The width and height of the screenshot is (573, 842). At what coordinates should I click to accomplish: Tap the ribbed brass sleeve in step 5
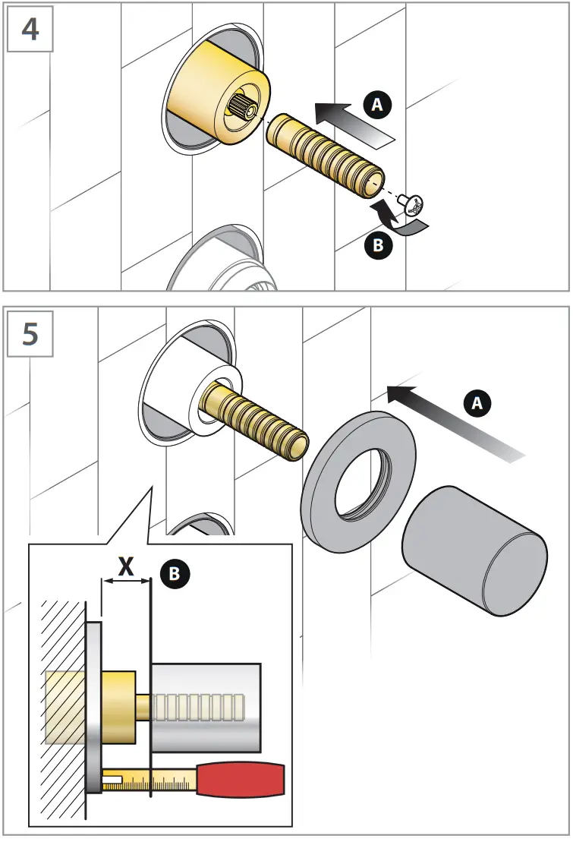258,421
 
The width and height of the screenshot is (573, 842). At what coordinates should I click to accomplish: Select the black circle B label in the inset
174,574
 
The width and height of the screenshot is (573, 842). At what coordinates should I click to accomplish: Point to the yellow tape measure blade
152,779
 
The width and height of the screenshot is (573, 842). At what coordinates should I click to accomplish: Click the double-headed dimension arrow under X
127,582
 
